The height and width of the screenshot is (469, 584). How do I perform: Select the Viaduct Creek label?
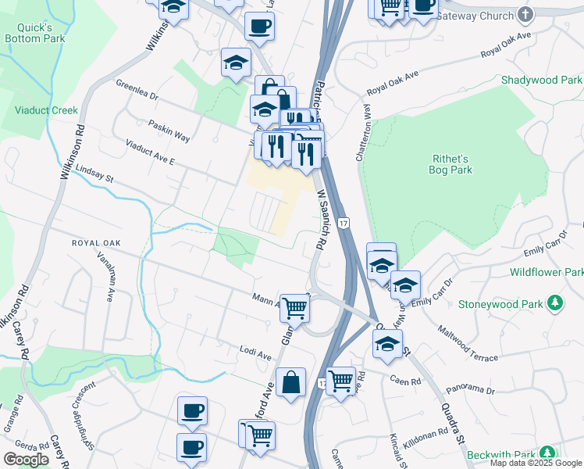46,110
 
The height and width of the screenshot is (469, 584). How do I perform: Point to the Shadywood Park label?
541,80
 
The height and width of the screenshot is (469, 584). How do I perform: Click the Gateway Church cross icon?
525,14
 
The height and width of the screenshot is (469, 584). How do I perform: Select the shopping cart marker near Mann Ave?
295,307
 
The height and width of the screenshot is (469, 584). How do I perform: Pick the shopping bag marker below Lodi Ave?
290,383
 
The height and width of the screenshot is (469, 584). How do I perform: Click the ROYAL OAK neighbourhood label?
96,243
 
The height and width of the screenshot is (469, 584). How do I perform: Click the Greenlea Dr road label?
137,91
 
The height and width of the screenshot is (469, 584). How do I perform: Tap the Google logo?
27,460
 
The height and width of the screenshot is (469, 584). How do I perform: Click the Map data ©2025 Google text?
536,463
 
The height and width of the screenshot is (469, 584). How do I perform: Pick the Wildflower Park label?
547,272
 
